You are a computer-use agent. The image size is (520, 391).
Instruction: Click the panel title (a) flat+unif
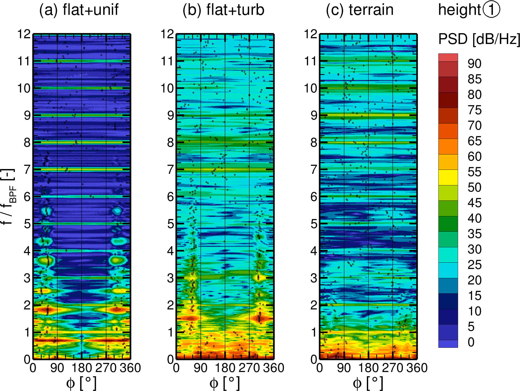(78, 10)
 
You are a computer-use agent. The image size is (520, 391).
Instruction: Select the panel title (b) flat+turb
(223, 10)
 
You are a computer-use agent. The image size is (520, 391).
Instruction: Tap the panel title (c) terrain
(359, 10)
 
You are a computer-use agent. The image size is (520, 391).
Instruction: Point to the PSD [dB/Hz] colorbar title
(479, 39)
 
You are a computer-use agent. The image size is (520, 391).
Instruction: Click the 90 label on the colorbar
(474, 64)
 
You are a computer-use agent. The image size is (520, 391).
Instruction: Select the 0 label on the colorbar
(471, 342)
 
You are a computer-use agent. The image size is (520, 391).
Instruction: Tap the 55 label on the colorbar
(474, 172)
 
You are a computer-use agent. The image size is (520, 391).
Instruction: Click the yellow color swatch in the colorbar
(448, 177)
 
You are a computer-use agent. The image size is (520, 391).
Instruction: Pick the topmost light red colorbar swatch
(448, 58)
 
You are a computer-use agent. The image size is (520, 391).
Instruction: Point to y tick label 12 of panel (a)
(24, 34)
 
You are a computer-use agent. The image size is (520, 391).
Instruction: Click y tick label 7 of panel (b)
(171, 170)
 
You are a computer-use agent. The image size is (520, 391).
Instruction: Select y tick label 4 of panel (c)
(314, 251)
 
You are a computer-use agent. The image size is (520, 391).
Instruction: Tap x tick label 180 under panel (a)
(82, 368)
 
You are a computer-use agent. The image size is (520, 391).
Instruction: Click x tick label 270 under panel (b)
(249, 368)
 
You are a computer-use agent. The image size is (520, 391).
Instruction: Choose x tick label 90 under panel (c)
(344, 368)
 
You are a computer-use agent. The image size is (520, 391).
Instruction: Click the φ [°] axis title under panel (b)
(224, 383)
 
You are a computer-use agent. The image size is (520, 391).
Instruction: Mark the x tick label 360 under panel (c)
(417, 368)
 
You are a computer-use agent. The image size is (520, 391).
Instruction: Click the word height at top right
(459, 10)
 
